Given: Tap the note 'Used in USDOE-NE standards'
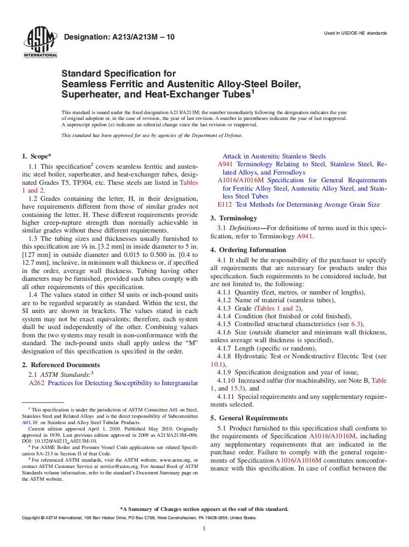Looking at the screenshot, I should click(355, 33).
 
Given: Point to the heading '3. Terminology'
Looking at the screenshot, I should click(234, 218).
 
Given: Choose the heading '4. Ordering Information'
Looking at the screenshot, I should click(248, 250).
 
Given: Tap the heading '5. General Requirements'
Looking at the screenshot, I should click(249, 418).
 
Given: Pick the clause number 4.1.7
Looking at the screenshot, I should click(225, 348).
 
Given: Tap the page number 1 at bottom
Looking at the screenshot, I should click(204, 528).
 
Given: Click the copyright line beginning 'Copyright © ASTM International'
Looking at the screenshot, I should click(139, 518).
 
